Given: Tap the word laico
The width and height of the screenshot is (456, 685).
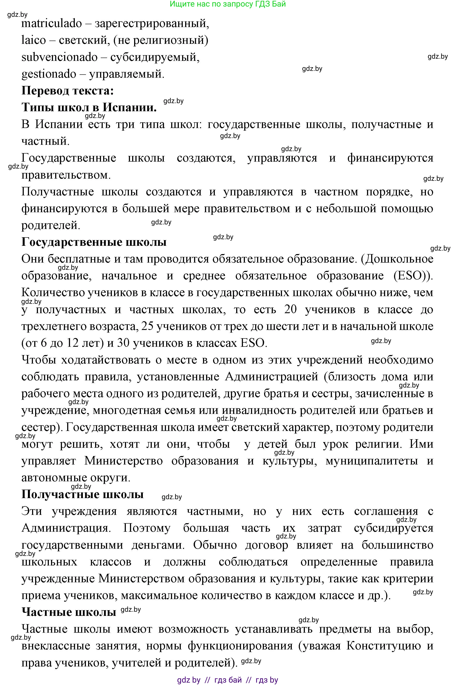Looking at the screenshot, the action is pyautogui.click(x=33, y=40).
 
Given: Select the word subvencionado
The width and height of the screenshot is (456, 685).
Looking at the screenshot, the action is pyautogui.click(x=59, y=57).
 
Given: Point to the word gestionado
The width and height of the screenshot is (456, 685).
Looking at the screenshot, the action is pyautogui.click(x=49, y=74).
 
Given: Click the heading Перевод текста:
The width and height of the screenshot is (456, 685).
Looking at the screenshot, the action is pyautogui.click(x=67, y=91).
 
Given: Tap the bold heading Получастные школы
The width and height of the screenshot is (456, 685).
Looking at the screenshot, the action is pyautogui.click(x=83, y=494).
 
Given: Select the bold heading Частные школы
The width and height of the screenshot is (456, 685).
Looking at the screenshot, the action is pyautogui.click(x=69, y=612).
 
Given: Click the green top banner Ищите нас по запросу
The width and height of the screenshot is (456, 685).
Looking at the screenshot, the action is pyautogui.click(x=227, y=4).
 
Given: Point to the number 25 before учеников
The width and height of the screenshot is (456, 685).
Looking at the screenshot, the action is pyautogui.click(x=147, y=326).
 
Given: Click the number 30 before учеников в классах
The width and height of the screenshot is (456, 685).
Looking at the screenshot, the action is pyautogui.click(x=123, y=343).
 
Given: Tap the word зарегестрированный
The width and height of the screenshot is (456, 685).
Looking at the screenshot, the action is pyautogui.click(x=152, y=24).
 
